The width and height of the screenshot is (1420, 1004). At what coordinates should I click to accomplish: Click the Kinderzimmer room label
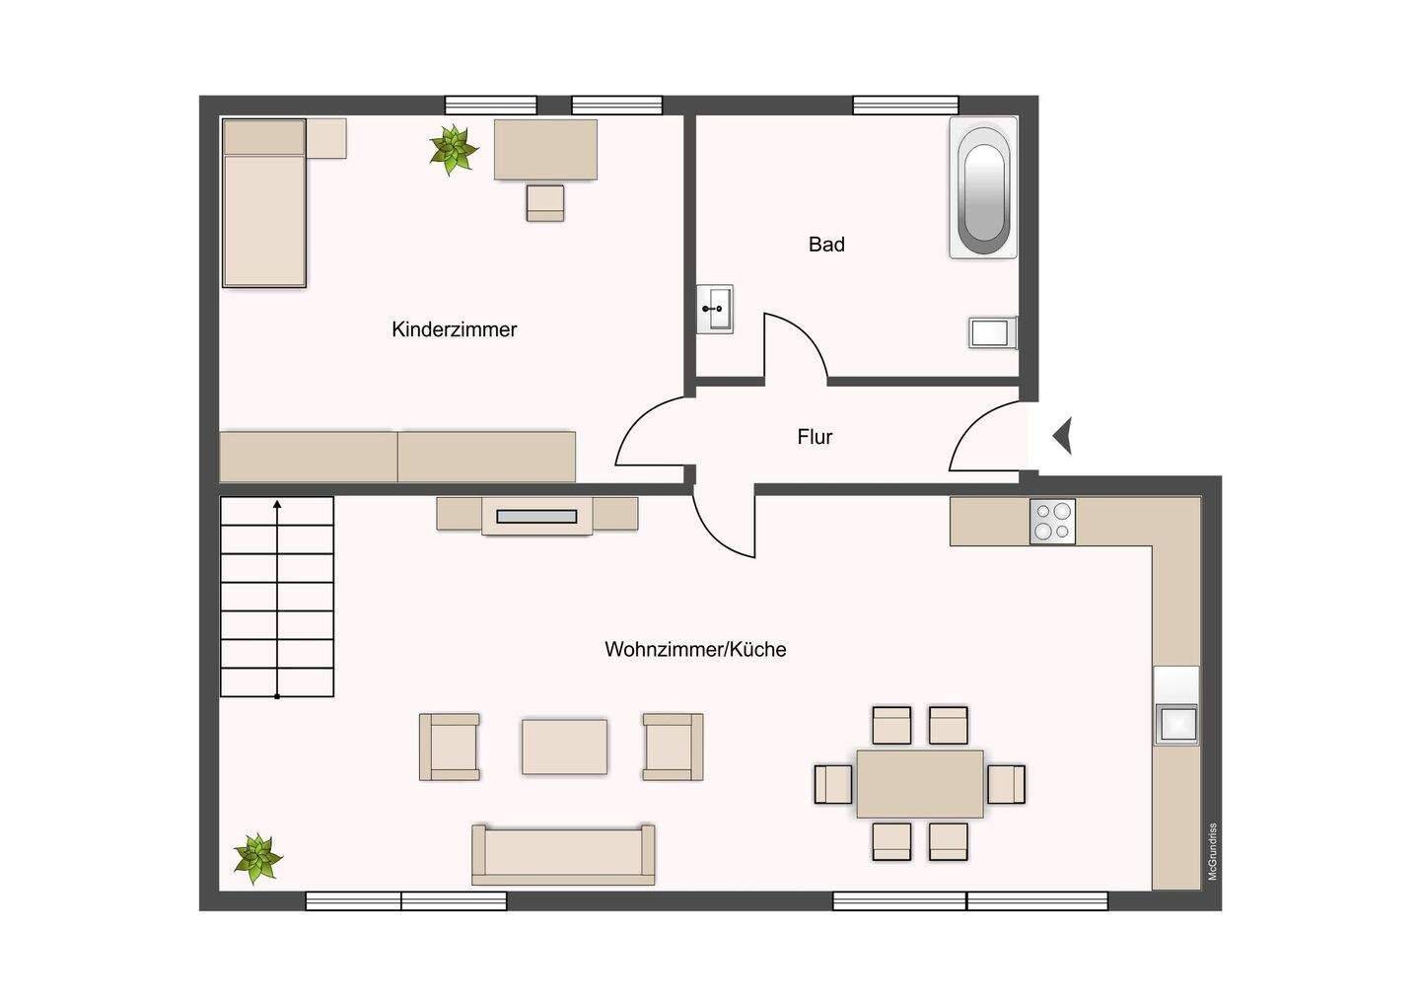pos(454,329)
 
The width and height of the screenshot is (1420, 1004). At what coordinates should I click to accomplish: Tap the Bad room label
pos(826,245)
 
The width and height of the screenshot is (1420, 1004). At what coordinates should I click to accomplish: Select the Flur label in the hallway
pos(815,437)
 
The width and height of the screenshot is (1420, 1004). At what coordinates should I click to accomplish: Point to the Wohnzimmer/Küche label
pos(695,649)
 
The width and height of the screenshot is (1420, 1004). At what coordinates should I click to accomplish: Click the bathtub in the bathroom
pos(983,187)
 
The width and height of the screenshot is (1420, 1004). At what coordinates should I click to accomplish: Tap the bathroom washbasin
pos(715,309)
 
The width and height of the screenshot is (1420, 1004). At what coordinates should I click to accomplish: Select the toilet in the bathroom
pos(993,332)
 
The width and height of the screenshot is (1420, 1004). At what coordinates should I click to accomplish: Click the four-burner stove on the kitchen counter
pos(1052,522)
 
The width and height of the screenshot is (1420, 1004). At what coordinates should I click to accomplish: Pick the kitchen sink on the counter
pos(1176,724)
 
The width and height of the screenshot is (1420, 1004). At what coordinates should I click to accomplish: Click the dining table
pos(920,784)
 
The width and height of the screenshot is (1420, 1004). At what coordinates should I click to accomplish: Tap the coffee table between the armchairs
pos(564,747)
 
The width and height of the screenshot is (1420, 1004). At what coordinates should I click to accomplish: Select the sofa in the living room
pos(564,854)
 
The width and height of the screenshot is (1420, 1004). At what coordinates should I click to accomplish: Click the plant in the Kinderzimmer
pos(454,150)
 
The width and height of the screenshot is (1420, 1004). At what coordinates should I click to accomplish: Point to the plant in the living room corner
pos(257,858)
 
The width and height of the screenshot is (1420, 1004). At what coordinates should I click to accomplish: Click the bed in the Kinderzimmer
pos(264,203)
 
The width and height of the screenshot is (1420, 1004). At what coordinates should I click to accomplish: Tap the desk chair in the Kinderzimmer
pos(545,203)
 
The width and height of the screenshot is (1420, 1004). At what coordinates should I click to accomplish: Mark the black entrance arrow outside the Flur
pos(1063,436)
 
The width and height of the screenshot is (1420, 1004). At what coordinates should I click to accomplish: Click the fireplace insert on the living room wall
pos(536,517)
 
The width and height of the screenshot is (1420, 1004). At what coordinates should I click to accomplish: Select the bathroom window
pos(905,106)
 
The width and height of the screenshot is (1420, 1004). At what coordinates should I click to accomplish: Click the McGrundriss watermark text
pos(1213,851)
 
